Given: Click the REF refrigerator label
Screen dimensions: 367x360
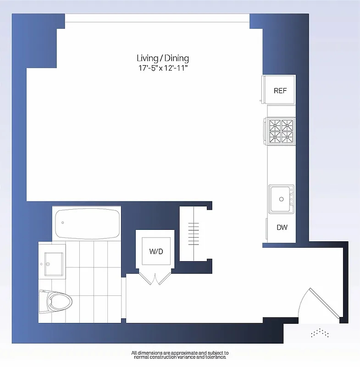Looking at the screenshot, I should (280, 91).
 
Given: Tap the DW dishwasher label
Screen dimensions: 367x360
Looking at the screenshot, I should (282, 227).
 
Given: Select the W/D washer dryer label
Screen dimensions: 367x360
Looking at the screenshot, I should (156, 251).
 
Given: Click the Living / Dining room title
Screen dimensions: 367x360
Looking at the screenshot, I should (163, 58).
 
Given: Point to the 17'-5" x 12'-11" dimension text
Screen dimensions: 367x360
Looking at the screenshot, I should (163, 68).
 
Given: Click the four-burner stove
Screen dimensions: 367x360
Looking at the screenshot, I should (281, 131).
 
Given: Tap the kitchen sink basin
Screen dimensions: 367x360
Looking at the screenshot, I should (281, 199).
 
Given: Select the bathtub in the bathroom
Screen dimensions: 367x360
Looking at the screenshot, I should (87, 223).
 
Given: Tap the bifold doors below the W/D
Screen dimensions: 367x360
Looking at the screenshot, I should (156, 277).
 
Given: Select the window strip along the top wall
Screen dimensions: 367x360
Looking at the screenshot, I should (157, 17).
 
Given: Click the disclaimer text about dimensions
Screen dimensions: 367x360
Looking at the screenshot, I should (180, 355).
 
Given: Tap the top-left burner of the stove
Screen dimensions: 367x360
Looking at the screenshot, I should (275, 125).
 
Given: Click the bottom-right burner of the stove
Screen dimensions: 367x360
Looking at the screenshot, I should (287, 137).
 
